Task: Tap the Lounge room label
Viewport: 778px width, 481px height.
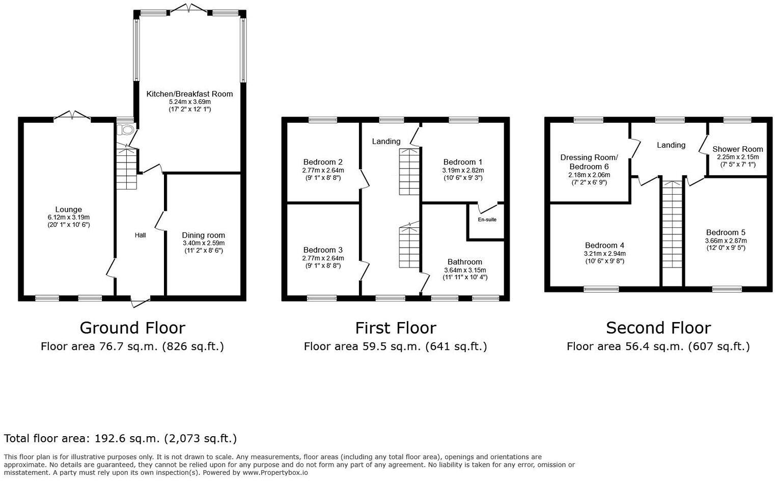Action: [x=68, y=209]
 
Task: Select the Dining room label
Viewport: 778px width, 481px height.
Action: [x=203, y=235]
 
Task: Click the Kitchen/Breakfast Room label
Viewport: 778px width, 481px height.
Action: [x=189, y=94]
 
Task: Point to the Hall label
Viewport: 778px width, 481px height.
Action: [x=140, y=235]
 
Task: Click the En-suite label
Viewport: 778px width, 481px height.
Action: [x=487, y=220]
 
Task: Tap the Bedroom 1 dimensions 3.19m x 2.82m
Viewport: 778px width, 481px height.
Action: [x=463, y=170]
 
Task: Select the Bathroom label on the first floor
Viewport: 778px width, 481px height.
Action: [x=465, y=262]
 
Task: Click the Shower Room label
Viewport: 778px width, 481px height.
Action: [x=737, y=149]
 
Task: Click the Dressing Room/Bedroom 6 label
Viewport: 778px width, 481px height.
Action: [x=589, y=162]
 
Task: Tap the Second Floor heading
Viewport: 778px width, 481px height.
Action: [x=658, y=328]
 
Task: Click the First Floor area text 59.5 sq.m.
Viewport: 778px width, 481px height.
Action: [x=395, y=347]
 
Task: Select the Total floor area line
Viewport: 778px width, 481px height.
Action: [x=120, y=439]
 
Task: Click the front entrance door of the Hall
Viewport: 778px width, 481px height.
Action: [x=140, y=303]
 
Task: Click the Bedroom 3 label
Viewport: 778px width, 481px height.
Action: [x=323, y=250]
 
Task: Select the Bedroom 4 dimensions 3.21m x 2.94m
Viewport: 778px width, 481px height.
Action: [x=604, y=253]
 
